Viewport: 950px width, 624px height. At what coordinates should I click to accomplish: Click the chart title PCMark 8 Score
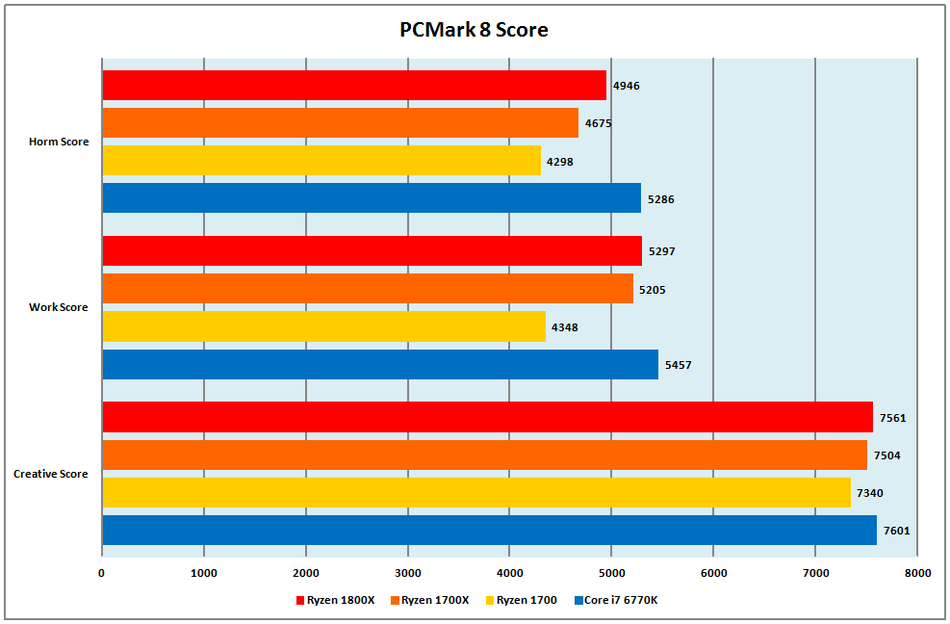tap(474, 30)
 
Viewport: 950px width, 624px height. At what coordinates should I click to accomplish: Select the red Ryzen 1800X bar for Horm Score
tap(353, 86)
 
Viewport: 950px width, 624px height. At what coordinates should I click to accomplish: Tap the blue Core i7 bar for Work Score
tap(379, 364)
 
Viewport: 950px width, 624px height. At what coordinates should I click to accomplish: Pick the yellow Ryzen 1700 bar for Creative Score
tap(475, 492)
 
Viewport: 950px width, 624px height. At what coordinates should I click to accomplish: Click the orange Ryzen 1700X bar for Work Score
tap(367, 288)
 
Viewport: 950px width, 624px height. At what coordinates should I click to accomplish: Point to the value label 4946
tap(627, 86)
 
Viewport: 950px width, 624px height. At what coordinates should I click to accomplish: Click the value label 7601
tap(896, 531)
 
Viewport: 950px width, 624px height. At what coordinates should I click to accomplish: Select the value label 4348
tap(565, 327)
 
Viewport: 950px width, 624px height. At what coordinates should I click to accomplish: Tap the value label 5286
tap(661, 199)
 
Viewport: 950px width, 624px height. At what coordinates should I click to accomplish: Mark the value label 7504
tap(886, 455)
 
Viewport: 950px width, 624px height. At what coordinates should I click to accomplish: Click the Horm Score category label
tap(59, 142)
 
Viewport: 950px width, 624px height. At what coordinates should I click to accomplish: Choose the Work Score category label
tap(59, 307)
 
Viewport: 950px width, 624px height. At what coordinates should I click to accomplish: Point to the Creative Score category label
tap(51, 474)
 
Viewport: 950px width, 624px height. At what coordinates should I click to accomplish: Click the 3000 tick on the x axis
tap(407, 573)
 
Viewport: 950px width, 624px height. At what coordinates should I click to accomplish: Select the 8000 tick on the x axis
tap(917, 573)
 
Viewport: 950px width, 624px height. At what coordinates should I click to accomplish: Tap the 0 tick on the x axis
tap(102, 573)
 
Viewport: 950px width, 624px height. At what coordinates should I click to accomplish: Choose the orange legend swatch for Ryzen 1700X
tap(395, 600)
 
